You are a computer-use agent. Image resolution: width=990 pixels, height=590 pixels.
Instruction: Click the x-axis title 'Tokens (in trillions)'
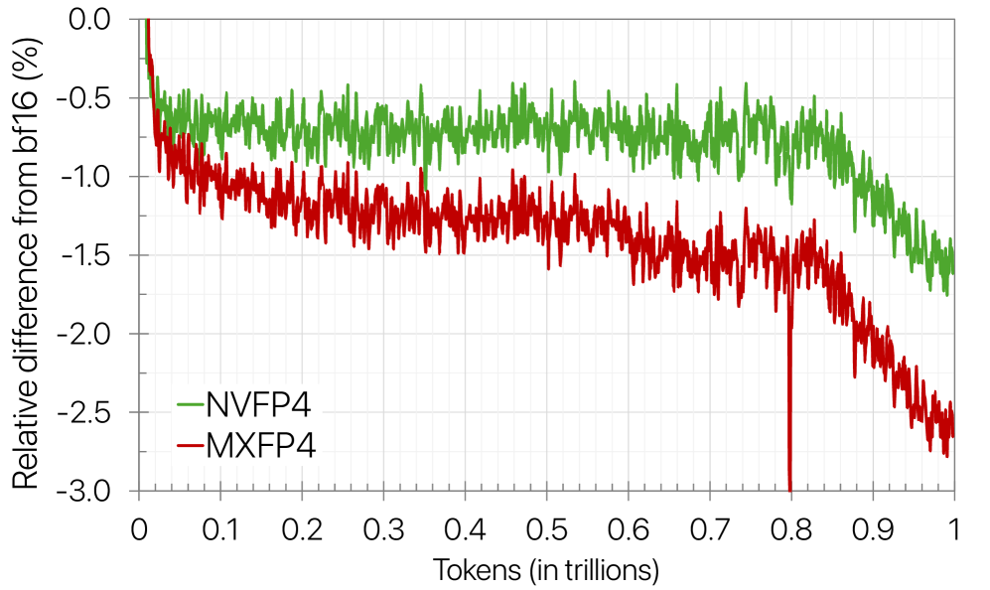tap(545, 570)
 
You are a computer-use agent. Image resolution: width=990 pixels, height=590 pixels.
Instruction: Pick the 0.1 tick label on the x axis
tap(220, 525)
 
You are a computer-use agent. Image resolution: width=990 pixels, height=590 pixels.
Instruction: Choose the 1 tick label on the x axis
tap(954, 525)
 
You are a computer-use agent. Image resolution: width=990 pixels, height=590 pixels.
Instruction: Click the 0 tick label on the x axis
tap(140, 525)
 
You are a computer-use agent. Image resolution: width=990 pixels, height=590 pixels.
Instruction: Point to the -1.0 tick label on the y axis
tap(97, 177)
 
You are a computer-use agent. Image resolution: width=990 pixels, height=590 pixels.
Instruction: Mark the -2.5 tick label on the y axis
tap(97, 412)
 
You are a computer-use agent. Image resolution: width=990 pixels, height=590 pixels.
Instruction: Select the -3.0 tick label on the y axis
tap(97, 491)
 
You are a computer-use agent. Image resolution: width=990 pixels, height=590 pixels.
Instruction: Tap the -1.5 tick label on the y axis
tap(97, 255)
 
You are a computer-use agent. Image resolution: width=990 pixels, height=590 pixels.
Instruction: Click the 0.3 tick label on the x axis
tap(383, 525)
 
